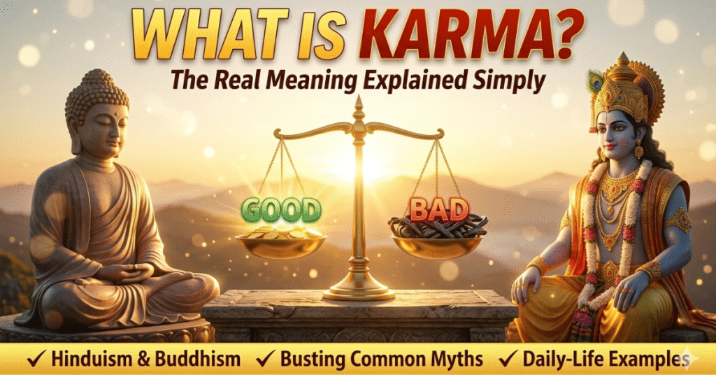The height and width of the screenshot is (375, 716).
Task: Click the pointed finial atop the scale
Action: (x=359, y=107)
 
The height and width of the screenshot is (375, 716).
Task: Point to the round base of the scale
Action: (x=359, y=291)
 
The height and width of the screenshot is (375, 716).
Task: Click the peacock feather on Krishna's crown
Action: (x=596, y=82)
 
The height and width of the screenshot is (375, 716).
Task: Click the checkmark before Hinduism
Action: (x=33, y=360)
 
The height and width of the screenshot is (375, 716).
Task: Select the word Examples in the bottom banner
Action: (x=646, y=360)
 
